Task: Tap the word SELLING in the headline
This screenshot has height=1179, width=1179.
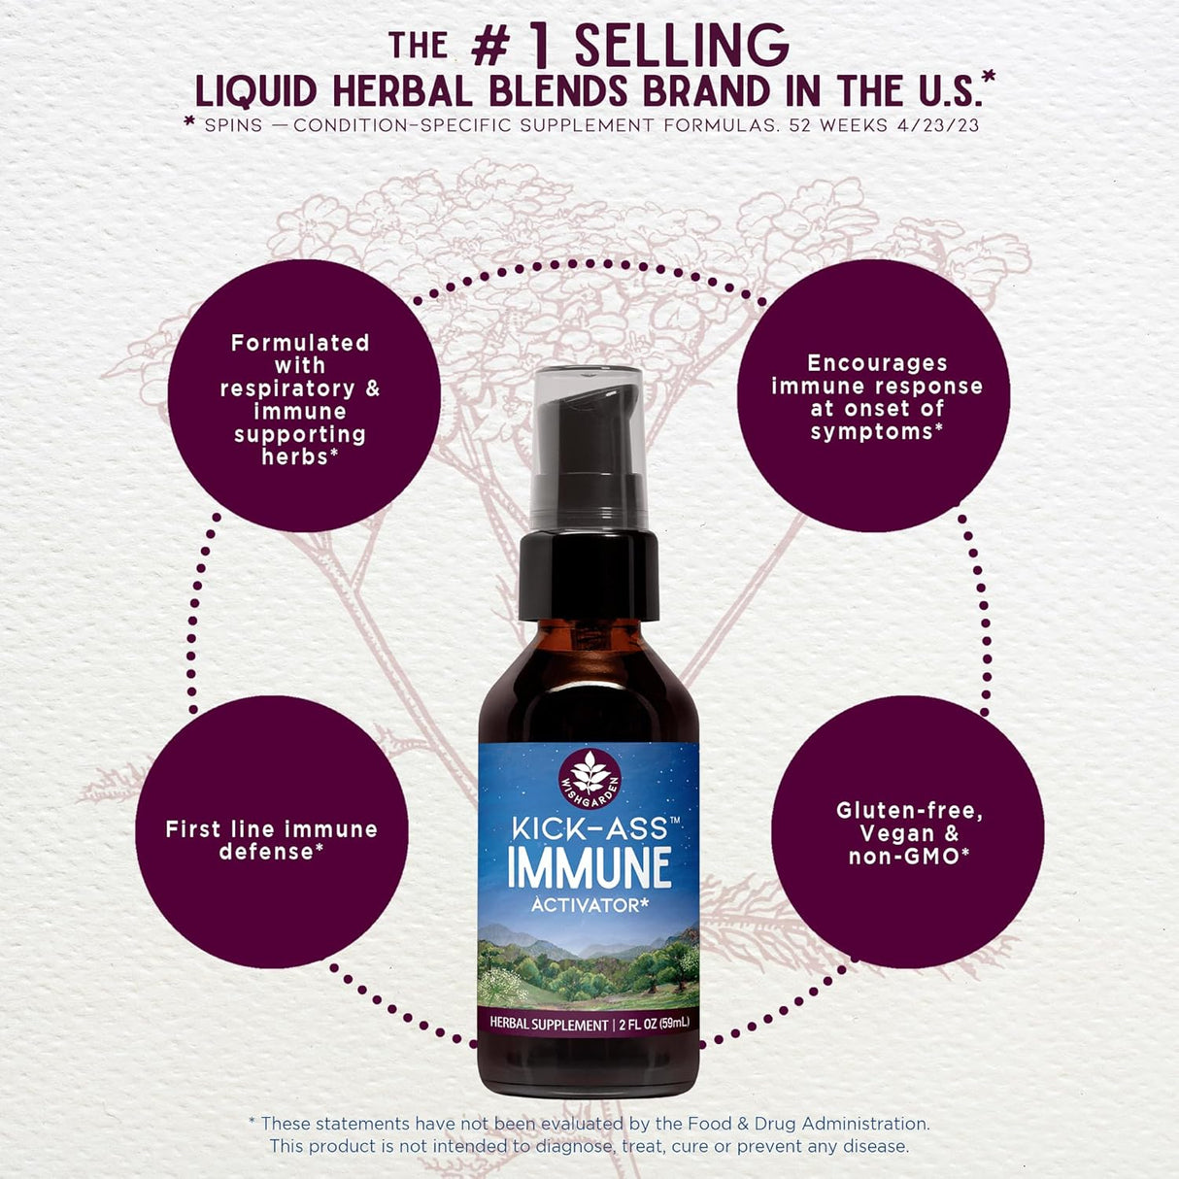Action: click(x=681, y=46)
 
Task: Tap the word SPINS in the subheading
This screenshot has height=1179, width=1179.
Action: click(x=233, y=125)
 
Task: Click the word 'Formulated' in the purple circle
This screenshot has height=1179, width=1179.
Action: click(x=300, y=343)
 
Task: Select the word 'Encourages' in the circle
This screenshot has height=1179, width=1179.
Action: click(x=877, y=363)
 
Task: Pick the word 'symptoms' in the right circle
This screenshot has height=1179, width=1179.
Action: click(x=871, y=432)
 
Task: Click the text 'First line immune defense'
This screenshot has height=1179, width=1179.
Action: click(x=271, y=840)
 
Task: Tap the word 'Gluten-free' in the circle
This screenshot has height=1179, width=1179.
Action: click(x=909, y=811)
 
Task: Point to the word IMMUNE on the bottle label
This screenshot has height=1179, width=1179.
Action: click(x=589, y=868)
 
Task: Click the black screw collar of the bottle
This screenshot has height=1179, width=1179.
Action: click(x=589, y=575)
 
